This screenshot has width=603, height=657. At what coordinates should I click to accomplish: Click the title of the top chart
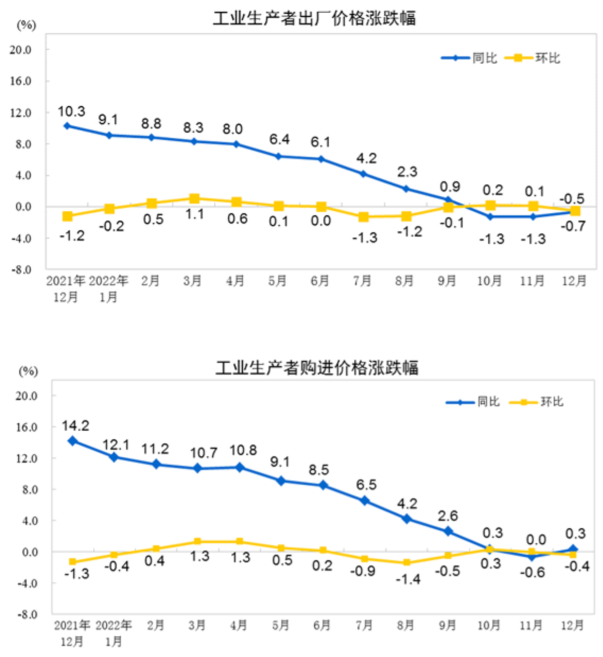pyautogui.click(x=314, y=18)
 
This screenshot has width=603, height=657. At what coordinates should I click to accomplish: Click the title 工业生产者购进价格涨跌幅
pyautogui.click(x=316, y=368)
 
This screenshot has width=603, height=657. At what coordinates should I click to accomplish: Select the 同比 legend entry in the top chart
pyautogui.click(x=469, y=58)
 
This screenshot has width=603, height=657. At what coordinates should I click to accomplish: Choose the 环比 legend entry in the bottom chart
pyautogui.click(x=537, y=401)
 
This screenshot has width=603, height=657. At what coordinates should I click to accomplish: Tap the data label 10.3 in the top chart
pyautogui.click(x=72, y=112)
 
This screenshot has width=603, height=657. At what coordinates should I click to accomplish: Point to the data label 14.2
pyautogui.click(x=75, y=426)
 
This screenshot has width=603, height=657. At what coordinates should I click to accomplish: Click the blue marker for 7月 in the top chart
pyautogui.click(x=363, y=174)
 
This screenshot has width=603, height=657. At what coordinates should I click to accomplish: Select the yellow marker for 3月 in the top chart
pyautogui.click(x=194, y=199)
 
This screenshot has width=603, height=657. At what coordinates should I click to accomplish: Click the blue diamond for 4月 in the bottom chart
pyautogui.click(x=240, y=467)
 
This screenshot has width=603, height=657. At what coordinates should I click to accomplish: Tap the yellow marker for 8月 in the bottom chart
pyautogui.click(x=407, y=563)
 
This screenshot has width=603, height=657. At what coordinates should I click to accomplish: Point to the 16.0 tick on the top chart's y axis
pyautogui.click(x=20, y=81)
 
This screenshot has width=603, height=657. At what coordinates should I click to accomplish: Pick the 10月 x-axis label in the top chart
pyautogui.click(x=489, y=281)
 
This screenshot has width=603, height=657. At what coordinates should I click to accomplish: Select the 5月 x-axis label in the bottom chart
pyautogui.click(x=281, y=625)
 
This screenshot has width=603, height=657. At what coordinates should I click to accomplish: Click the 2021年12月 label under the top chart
pyautogui.click(x=66, y=289)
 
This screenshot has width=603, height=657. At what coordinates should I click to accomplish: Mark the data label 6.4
pyautogui.click(x=279, y=140)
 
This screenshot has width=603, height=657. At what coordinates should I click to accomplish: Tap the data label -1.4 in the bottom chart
pyautogui.click(x=408, y=579)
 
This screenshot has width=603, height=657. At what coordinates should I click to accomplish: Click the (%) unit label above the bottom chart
pyautogui.click(x=28, y=371)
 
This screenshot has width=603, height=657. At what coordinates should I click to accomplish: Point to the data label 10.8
pyautogui.click(x=243, y=450)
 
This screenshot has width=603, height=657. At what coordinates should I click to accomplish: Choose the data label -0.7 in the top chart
pyautogui.click(x=574, y=226)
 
